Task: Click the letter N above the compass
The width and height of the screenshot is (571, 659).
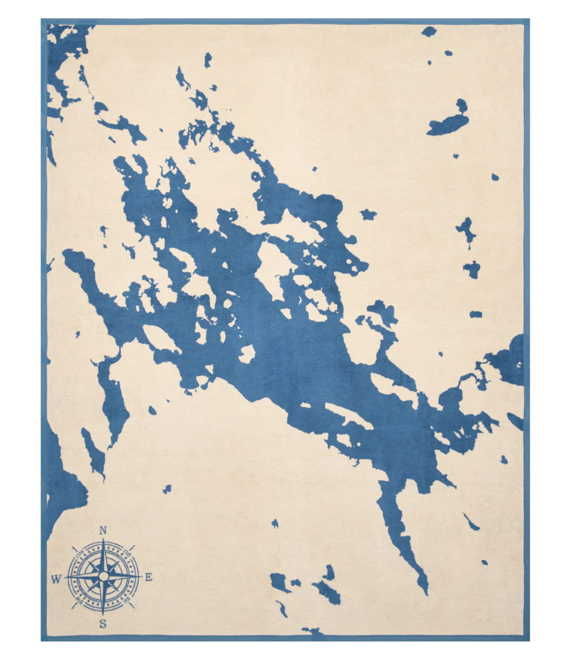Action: (x=103, y=530)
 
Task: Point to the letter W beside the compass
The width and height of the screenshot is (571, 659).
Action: (x=56, y=578)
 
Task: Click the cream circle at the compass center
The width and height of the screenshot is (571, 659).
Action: (x=103, y=577)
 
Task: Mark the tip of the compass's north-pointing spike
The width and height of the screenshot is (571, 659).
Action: (x=103, y=539)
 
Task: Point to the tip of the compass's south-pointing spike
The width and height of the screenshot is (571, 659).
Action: (x=103, y=615)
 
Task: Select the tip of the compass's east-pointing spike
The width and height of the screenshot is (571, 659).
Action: (x=142, y=577)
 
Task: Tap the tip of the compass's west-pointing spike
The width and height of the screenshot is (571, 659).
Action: (x=65, y=577)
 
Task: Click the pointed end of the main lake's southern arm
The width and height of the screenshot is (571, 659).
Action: (x=426, y=593)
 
